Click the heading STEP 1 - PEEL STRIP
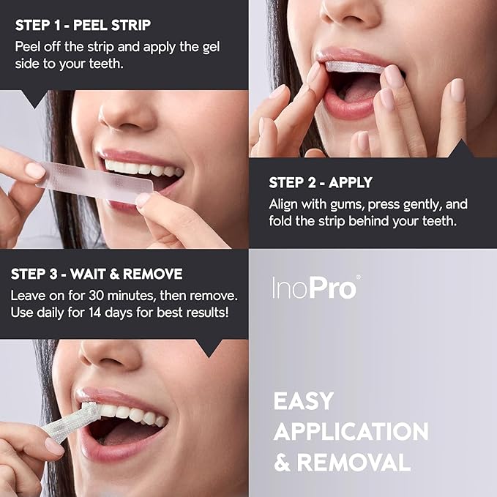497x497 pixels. [x=83, y=25]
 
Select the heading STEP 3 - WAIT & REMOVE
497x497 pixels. [x=97, y=274]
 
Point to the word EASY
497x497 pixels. [x=304, y=401]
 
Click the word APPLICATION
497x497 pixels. [x=351, y=432]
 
